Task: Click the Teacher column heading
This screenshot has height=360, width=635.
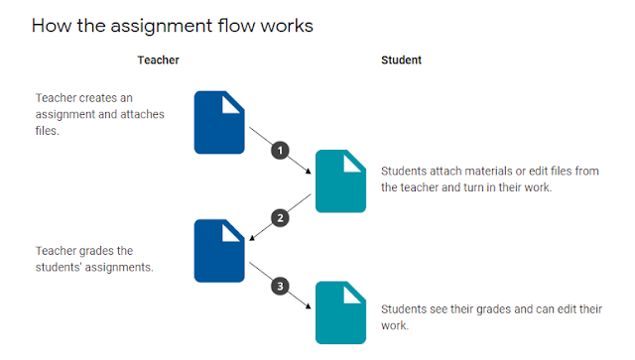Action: (x=158, y=60)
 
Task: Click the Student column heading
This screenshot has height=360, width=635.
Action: (x=401, y=60)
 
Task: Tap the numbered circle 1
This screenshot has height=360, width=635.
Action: (x=280, y=151)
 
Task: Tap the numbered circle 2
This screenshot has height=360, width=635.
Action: (x=280, y=218)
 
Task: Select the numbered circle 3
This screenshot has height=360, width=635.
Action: (x=280, y=287)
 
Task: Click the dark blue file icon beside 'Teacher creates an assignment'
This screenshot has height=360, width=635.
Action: (x=219, y=122)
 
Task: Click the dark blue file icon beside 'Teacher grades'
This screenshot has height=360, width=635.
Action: (x=219, y=251)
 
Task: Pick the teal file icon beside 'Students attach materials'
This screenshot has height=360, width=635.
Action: (x=340, y=181)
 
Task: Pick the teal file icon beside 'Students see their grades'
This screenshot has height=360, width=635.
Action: (x=340, y=312)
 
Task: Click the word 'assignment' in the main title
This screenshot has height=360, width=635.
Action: (x=161, y=27)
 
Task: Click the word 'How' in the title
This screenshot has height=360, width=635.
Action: (x=52, y=26)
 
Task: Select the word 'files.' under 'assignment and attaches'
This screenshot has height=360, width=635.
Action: (x=47, y=131)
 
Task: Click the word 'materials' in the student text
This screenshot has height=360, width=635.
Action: (x=488, y=172)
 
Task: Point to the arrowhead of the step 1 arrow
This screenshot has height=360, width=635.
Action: (x=309, y=172)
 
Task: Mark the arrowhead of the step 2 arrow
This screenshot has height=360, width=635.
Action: (x=252, y=238)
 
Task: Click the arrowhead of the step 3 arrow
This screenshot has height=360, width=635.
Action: (x=309, y=306)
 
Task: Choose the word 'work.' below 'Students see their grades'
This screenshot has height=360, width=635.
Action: (x=395, y=325)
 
